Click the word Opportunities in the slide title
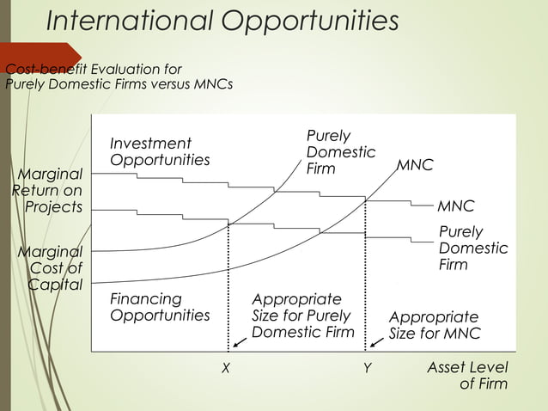(310, 21)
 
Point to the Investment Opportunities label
(159, 151)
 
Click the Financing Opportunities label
(159, 307)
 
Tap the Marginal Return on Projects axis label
(50, 190)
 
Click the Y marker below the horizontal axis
(366, 367)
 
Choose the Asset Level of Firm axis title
(468, 376)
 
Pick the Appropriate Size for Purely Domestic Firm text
(302, 316)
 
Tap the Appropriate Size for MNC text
(434, 325)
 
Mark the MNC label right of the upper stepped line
(455, 206)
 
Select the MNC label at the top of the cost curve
(414, 163)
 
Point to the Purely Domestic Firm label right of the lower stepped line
(472, 248)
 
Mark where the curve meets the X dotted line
(228, 224)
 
